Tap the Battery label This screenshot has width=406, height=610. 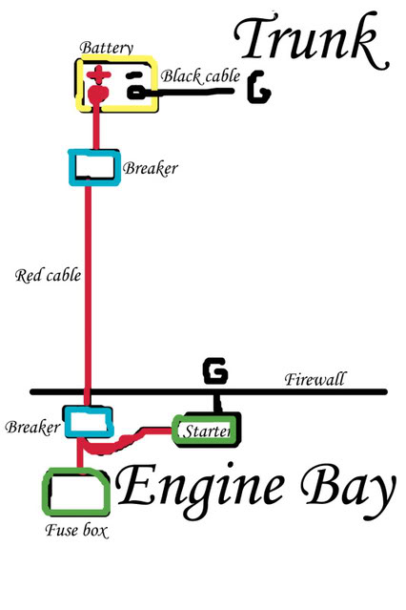point(106,48)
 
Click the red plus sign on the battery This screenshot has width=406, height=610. point(99,75)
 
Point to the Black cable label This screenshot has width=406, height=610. point(200,76)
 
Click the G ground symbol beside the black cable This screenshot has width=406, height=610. point(258,87)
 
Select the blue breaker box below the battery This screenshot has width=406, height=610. point(94,167)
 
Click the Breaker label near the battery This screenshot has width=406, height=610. point(151,168)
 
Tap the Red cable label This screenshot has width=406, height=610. point(49,276)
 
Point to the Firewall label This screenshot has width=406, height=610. point(315,379)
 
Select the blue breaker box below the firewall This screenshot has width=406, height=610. point(89,422)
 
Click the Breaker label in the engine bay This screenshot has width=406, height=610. point(32,427)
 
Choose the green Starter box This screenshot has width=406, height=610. point(205,431)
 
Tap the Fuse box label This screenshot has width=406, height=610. point(76,530)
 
